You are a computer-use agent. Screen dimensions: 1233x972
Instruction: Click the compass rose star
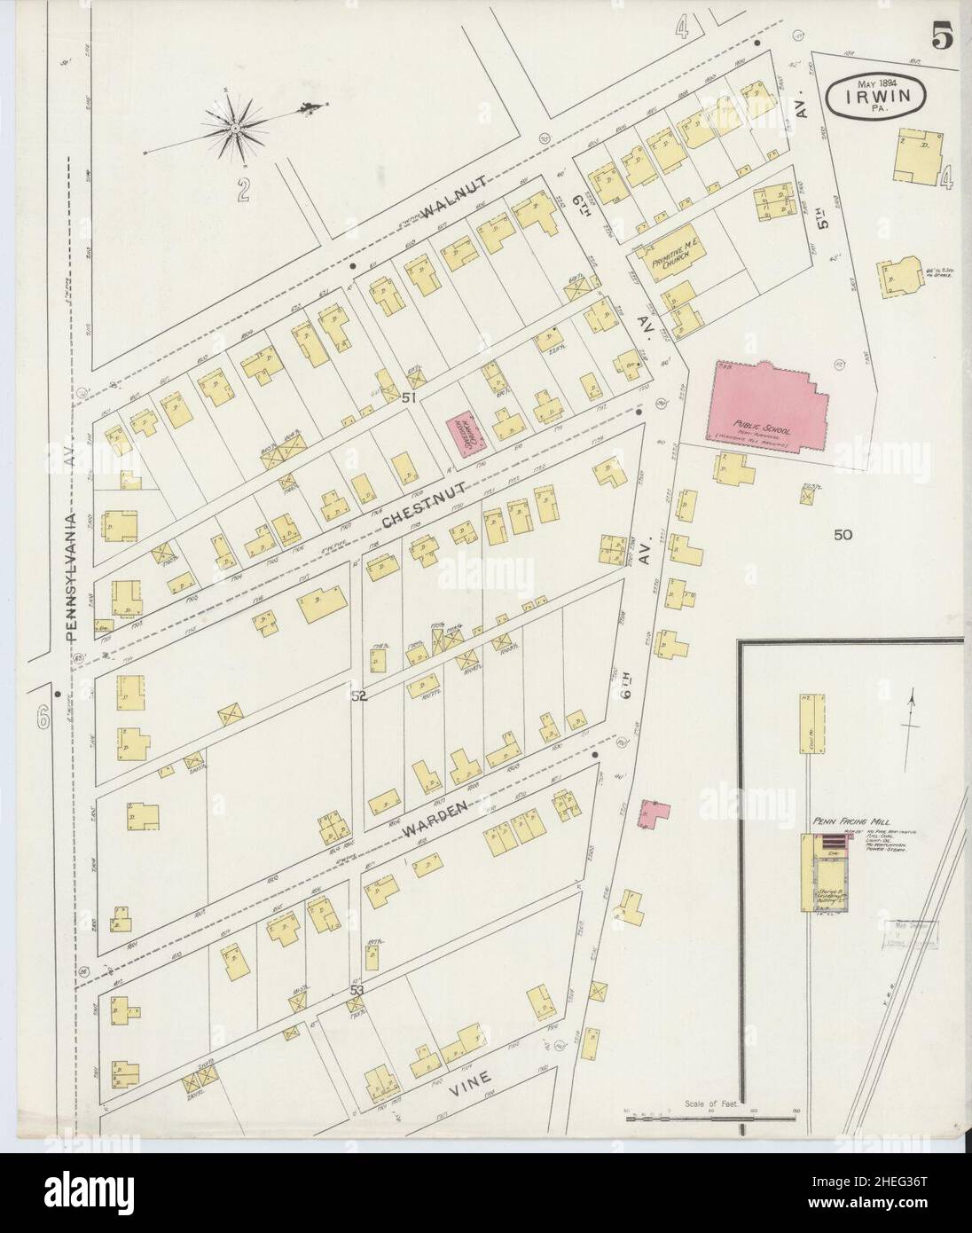236,130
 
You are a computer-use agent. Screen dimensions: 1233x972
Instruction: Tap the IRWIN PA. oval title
880,92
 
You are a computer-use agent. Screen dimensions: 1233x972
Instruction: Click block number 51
409,398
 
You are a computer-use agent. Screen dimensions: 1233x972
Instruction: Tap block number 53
357,988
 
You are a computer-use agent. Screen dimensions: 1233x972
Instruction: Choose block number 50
842,535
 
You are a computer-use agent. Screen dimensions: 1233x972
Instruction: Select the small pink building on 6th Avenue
656,813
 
